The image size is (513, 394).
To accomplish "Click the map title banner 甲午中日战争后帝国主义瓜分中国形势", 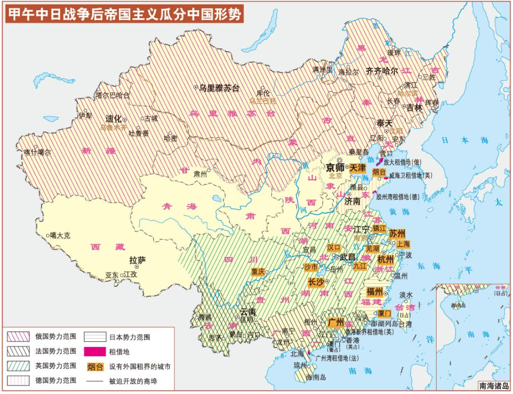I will (123, 14).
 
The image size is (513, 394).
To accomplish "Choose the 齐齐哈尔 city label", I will (382, 72).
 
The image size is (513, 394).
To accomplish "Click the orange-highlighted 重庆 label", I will (259, 272).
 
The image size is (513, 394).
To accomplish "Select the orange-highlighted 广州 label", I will (336, 322).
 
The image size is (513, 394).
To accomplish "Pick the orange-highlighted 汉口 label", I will (334, 247).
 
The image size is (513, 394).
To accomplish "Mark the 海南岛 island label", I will (317, 378).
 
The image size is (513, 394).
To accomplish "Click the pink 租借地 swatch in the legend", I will (95, 352).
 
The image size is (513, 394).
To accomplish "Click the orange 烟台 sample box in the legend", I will (95, 366).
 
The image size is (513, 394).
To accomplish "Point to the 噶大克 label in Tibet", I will (60, 236).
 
